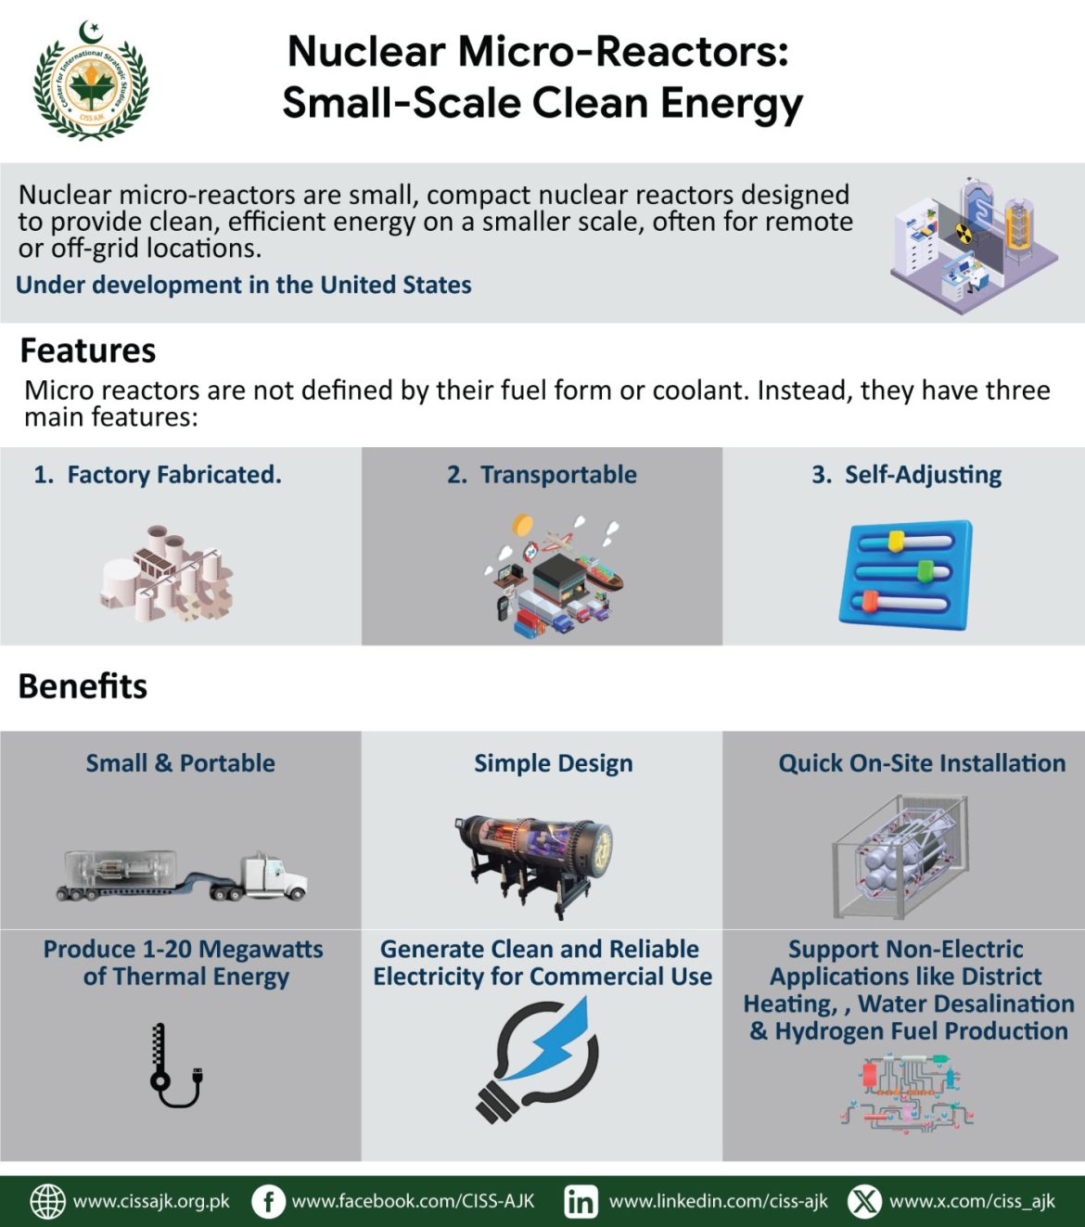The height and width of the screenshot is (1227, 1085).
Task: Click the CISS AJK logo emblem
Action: pos(91,82)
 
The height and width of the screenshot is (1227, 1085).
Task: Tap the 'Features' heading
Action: pos(88,351)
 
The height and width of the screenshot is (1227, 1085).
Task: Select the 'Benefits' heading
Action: pos(83,686)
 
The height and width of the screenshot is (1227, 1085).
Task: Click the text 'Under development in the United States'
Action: pos(243,285)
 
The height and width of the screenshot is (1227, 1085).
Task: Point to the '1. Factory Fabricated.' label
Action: pos(158,475)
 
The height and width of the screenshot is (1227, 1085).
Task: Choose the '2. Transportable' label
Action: pos(542,475)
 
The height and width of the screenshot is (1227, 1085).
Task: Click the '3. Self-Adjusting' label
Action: pos(906,475)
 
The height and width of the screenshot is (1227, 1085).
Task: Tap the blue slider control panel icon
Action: pos(905,575)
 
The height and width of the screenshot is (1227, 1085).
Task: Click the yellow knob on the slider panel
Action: pos(896,541)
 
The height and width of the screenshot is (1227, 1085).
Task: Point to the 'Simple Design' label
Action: pos(554,763)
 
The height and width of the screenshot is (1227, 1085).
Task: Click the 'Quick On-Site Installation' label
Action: pos(922,763)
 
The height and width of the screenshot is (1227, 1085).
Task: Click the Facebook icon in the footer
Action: pos(268,1201)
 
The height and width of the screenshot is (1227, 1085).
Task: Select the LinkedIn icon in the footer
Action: pos(581,1201)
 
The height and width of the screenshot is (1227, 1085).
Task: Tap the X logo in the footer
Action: pos(864,1201)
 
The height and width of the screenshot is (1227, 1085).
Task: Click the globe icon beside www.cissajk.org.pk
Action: pos(48,1201)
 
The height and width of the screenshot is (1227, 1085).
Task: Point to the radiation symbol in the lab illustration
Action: pos(964,233)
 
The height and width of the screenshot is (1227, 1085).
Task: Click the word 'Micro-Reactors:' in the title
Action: pos(623,52)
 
